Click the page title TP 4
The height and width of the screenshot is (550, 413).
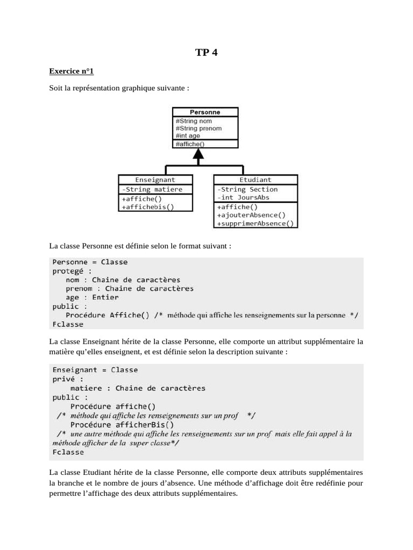[x=206, y=52]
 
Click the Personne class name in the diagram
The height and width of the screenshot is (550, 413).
[x=205, y=112]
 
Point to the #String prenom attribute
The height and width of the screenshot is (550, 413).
[x=198, y=128]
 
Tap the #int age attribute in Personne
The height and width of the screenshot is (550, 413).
[x=188, y=136]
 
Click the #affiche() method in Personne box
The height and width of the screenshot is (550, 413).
[x=190, y=144]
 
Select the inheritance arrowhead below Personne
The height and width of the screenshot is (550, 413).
[x=199, y=156]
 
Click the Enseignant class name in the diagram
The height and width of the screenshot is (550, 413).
[x=155, y=180]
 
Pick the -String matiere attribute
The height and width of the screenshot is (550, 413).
[x=152, y=189]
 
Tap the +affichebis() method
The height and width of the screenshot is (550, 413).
[x=148, y=206]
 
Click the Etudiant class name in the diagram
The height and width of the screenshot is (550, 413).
[x=255, y=180]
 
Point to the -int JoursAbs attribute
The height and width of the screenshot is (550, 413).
[x=243, y=197]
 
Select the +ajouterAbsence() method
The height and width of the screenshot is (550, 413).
[x=251, y=215]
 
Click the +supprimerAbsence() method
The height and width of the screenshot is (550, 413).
[x=256, y=224]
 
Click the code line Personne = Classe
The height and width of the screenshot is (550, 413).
[x=90, y=262]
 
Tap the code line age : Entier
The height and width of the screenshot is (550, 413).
[x=92, y=297]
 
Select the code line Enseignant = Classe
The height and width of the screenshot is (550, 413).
[x=95, y=370]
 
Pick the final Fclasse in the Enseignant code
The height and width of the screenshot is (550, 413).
[x=68, y=452]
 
